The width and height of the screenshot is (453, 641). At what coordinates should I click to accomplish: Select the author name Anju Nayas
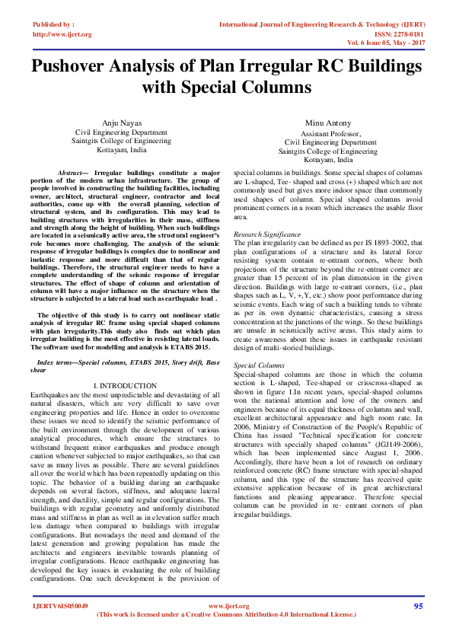click(121, 123)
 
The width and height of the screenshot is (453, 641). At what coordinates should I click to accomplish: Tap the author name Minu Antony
click(327, 123)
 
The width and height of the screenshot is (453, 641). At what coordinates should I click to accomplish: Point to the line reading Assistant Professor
click(327, 132)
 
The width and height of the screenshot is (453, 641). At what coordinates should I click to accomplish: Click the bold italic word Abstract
click(74, 174)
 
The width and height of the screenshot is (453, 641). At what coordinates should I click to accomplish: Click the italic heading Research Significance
click(266, 234)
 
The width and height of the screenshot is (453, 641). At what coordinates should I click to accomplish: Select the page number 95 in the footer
click(418, 606)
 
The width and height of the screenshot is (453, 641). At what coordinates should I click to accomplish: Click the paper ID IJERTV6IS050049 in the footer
click(60, 607)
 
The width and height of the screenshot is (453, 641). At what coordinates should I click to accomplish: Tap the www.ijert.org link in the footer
click(228, 606)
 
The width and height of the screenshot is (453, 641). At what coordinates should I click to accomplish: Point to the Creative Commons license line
click(227, 614)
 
